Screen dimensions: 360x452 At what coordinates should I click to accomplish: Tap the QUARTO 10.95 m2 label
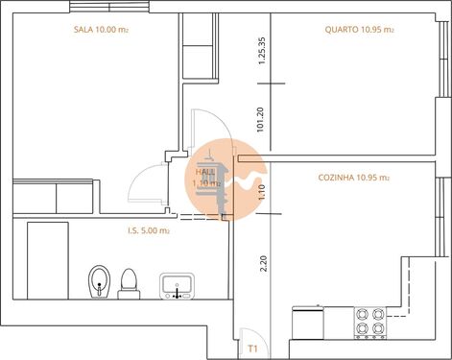pyautogui.click(x=359, y=31)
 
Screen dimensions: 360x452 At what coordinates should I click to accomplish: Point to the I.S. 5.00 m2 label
pyautogui.click(x=149, y=230)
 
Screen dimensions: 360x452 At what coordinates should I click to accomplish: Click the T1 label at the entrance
pyautogui.click(x=252, y=348)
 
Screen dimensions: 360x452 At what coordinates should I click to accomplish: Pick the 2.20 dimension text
pyautogui.click(x=261, y=263)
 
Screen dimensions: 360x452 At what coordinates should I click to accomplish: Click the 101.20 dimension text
pyautogui.click(x=261, y=117)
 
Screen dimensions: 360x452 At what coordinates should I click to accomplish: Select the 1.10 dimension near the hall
pyautogui.click(x=261, y=191)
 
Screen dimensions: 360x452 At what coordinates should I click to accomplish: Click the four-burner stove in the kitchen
pyautogui.click(x=369, y=322)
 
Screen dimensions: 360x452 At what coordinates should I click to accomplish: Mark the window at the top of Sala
pyautogui.click(x=111, y=7)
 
